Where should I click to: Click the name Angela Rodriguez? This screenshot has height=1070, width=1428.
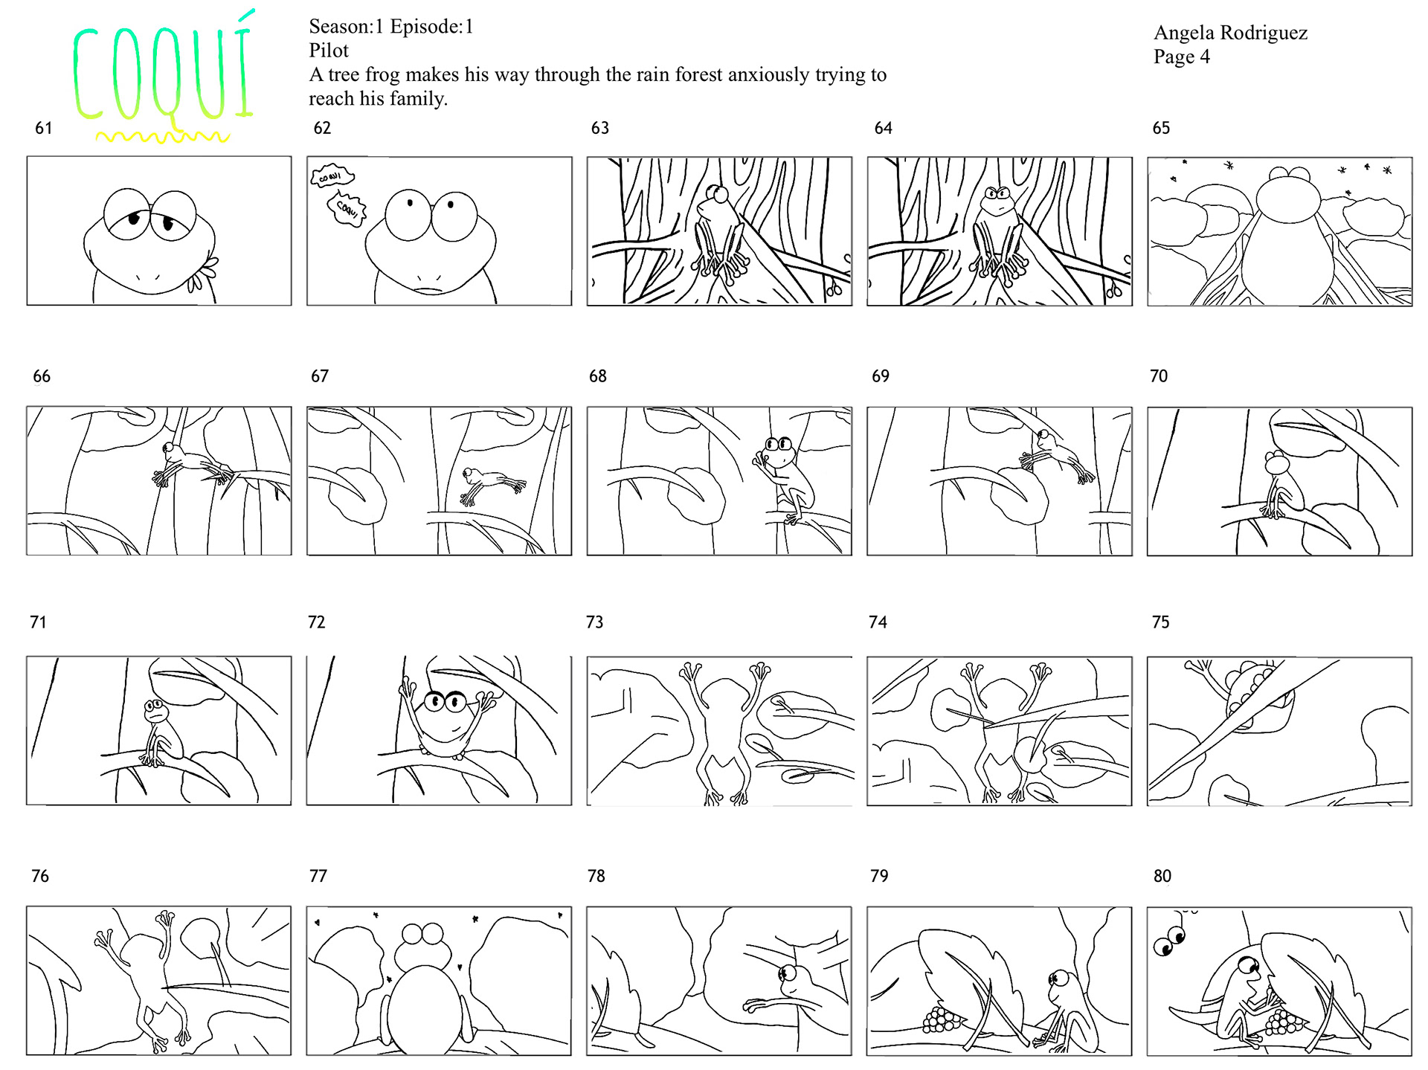tap(1230, 33)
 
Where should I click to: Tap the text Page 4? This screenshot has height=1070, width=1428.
tap(1181, 57)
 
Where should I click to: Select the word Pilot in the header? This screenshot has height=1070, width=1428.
tap(329, 51)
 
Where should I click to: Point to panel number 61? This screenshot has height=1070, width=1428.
tap(44, 128)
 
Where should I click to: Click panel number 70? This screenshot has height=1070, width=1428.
tap(1159, 376)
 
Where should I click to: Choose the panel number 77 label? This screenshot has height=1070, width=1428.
tap(318, 876)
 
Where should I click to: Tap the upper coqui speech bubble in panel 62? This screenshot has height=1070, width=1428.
tap(332, 176)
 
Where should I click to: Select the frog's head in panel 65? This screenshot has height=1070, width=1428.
tap(1288, 195)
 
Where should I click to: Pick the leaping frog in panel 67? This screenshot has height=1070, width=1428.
tap(492, 484)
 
